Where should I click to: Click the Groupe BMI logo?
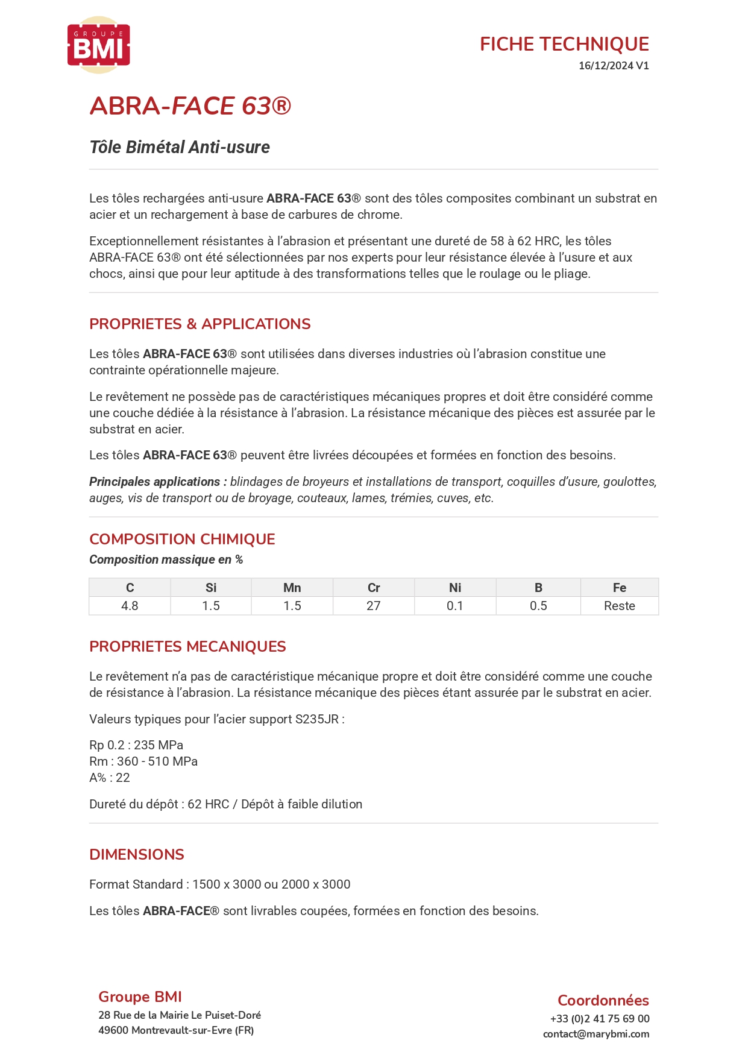tap(99, 45)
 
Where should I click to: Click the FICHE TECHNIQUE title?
tap(564, 44)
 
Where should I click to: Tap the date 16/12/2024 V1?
tap(614, 66)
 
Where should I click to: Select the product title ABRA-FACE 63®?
tap(190, 106)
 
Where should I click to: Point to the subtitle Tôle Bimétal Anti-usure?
tap(180, 147)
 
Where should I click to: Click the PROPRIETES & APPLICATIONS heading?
tap(200, 324)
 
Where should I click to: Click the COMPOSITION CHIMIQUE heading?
tap(182, 539)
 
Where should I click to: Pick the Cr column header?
tap(374, 588)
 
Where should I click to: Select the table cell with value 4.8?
tap(130, 606)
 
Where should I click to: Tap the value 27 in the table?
tap(374, 606)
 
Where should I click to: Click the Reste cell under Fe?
tap(620, 606)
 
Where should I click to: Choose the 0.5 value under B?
tap(538, 606)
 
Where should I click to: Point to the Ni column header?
tap(455, 588)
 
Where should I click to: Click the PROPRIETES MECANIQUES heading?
tap(187, 646)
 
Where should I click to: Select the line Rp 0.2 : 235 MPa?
tap(136, 745)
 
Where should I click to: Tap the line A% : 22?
tap(110, 778)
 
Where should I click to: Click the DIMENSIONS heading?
tap(137, 854)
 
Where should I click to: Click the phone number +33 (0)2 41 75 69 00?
tap(600, 1019)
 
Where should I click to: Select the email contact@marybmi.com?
tap(596, 1034)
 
